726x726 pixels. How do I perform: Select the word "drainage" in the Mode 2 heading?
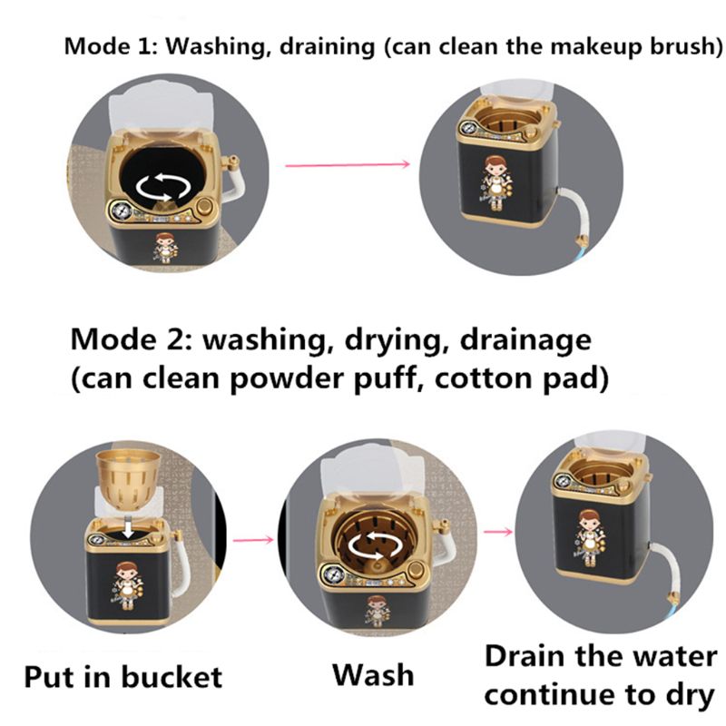click(524, 341)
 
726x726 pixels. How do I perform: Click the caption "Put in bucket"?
click(123, 676)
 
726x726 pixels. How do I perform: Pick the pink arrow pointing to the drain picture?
click(495, 530)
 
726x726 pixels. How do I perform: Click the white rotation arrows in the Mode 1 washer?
click(163, 188)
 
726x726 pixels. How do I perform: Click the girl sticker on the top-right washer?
click(495, 180)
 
